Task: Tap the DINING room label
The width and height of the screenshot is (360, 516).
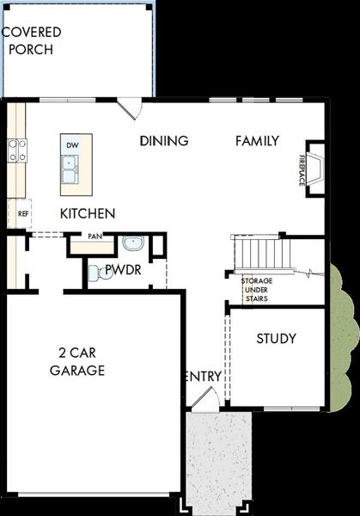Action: [x=164, y=141]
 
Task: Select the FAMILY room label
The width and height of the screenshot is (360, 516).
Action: [x=258, y=141]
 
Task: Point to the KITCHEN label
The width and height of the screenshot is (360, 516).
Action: [x=88, y=213]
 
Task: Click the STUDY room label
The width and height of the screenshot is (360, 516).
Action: [x=277, y=339]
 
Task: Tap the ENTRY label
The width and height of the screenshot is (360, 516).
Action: [x=203, y=377]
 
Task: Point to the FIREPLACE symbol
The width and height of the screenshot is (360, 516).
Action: [x=315, y=170]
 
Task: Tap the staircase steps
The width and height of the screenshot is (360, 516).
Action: [x=259, y=253]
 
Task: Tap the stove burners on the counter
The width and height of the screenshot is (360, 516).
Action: [x=15, y=151]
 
